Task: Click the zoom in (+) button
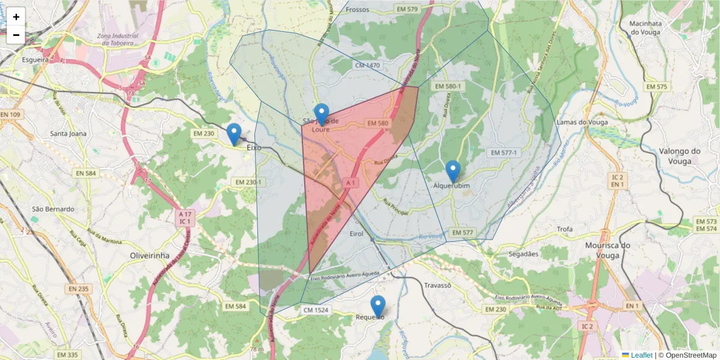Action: click(x=16, y=17)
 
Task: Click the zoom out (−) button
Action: click(x=16, y=35)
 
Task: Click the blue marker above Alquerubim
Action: click(x=453, y=171)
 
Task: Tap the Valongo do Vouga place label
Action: click(x=679, y=156)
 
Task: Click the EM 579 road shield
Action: click(x=407, y=9)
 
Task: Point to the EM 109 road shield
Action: click(x=10, y=115)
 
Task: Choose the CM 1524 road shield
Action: click(x=316, y=310)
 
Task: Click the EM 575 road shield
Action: click(x=656, y=87)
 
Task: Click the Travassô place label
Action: click(x=437, y=286)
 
